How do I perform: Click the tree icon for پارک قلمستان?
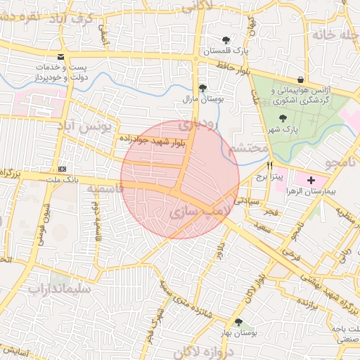225,40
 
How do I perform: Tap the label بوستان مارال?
202,99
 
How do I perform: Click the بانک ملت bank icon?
63,169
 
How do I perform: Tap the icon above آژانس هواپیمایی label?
301,79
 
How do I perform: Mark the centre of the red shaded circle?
180,179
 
